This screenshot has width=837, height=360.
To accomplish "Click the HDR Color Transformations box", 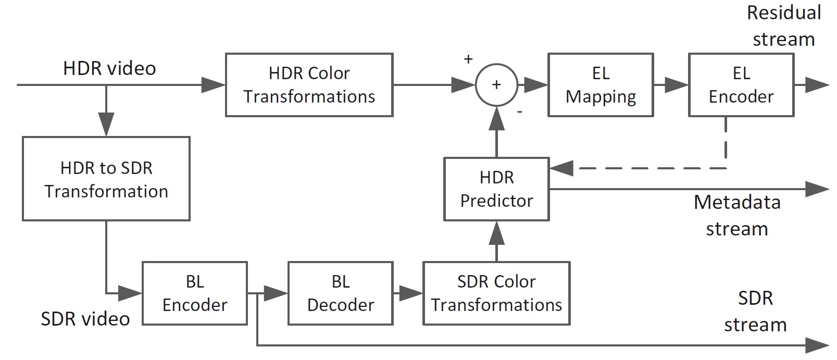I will (x=309, y=84).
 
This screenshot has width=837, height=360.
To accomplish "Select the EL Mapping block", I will (x=600, y=84).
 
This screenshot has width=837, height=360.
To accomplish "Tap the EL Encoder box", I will (x=741, y=84).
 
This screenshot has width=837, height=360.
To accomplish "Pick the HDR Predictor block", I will (x=496, y=189).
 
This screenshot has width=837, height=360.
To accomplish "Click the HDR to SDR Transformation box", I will (x=106, y=179).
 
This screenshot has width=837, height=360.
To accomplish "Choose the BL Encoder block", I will (x=195, y=293).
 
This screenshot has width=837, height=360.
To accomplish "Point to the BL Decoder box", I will (x=340, y=293).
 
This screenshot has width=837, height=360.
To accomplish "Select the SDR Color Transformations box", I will (x=496, y=293).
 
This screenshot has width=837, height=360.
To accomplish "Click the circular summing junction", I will (x=496, y=85).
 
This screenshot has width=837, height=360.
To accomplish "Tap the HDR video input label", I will (x=109, y=68).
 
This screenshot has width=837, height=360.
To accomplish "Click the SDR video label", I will (x=85, y=318).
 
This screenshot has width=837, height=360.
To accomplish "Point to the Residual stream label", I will (x=784, y=26).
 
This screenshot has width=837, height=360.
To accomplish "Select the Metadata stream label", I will (x=737, y=215).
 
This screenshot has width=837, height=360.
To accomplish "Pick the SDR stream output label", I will (x=755, y=311).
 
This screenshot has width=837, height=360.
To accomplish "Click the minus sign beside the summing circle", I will (x=520, y=111).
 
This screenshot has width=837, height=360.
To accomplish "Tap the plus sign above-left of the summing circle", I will (x=468, y=59).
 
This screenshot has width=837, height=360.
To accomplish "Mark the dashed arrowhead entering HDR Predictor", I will (x=561, y=168).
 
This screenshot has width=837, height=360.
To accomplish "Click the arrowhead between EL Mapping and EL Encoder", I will (x=677, y=85).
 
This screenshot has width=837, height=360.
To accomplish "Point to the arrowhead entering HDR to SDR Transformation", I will (x=106, y=126).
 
